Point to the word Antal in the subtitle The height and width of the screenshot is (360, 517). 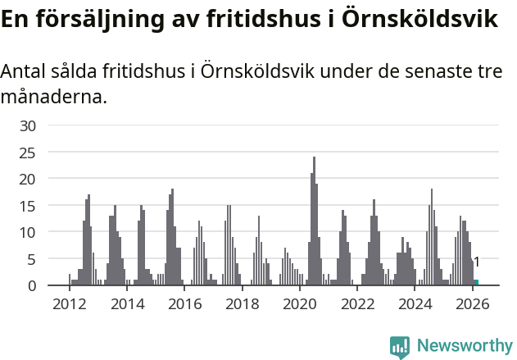point(23,72)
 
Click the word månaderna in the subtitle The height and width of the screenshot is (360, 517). point(53,98)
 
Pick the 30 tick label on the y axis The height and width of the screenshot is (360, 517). point(28,125)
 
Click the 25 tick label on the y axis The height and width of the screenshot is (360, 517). point(28,152)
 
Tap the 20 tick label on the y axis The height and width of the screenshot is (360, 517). point(28,179)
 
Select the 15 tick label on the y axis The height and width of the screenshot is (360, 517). point(28,205)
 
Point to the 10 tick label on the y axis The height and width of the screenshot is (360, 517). point(28,232)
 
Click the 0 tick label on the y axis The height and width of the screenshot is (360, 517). point(32,285)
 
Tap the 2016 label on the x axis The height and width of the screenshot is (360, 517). point(184,304)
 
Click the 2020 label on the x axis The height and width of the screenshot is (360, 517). point(300,304)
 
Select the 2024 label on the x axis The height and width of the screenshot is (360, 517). point(415,304)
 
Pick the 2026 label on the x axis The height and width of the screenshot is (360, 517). point(473,304)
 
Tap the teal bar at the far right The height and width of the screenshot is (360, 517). point(476,282)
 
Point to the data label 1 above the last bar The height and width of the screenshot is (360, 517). point(476,262)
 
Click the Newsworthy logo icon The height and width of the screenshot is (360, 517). point(400,347)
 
